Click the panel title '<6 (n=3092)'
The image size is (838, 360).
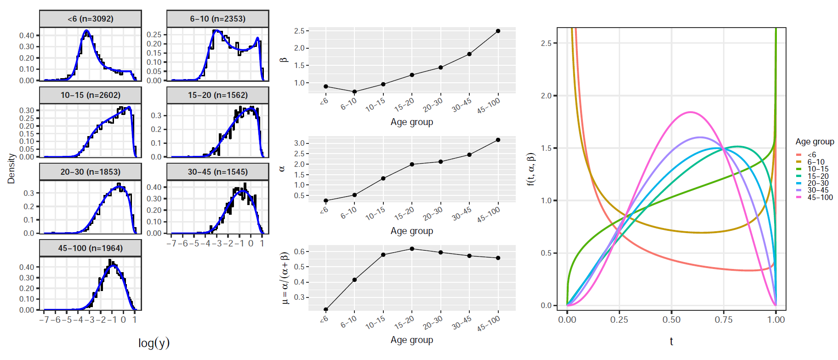point(91,19)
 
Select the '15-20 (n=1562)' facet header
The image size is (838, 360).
point(217,95)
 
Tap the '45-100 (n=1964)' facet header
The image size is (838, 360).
point(91,248)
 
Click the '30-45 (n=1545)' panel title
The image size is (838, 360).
point(217,172)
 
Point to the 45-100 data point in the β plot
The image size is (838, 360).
point(498,31)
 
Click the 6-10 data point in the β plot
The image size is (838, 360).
point(354,91)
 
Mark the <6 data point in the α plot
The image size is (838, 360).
point(326,201)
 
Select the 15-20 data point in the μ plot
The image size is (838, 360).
point(412,249)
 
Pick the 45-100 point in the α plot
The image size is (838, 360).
point(498,140)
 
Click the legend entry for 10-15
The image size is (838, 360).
point(818,169)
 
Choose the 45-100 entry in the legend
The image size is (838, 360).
point(820,198)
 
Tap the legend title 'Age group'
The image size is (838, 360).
point(815,142)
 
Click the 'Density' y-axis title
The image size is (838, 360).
point(11,169)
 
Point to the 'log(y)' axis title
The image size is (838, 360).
point(154,343)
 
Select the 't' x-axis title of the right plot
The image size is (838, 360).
point(671,341)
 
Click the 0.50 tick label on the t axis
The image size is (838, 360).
point(671,320)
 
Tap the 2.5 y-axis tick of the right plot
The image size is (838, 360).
point(546,43)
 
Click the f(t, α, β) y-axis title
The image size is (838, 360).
point(531,169)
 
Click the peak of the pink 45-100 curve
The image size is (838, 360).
point(690,112)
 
